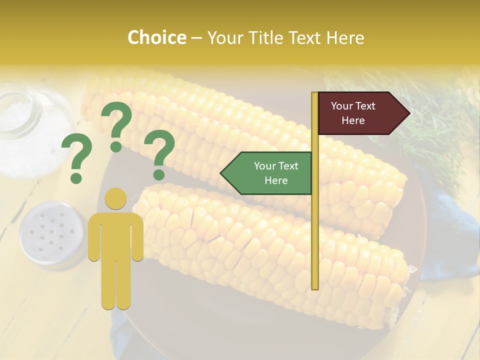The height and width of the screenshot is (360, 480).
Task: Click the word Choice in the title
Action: point(156,38)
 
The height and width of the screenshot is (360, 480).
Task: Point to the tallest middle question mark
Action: point(116,125)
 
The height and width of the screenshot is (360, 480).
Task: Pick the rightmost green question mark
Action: point(159,154)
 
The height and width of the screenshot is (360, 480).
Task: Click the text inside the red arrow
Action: point(353,113)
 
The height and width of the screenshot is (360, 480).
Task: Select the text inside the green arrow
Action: point(275,173)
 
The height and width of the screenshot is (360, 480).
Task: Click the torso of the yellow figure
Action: point(116,235)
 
